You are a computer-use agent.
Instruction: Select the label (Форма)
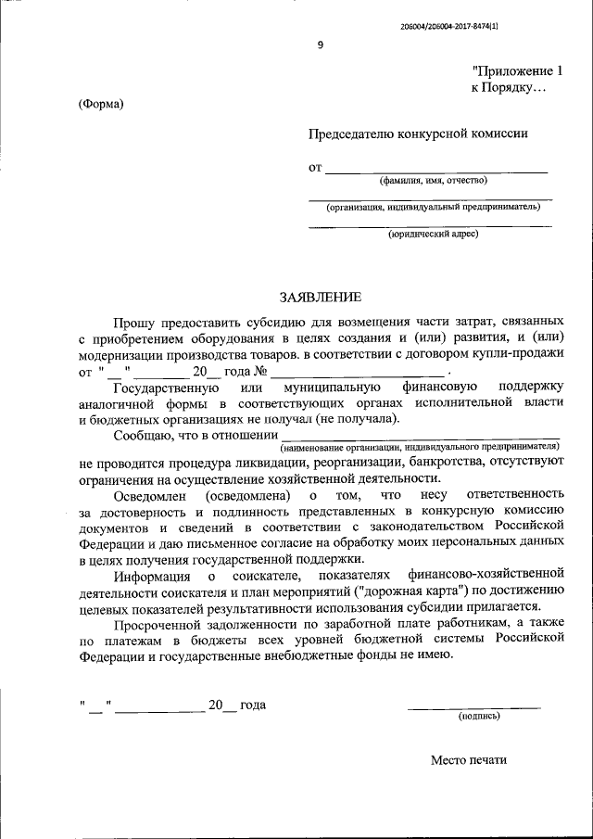101,104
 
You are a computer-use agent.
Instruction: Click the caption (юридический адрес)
433,234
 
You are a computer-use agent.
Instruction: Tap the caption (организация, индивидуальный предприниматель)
433,207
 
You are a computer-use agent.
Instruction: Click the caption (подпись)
479,716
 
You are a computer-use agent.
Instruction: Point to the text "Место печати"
469,760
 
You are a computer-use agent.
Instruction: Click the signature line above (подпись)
474,707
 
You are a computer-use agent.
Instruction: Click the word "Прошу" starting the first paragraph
134,321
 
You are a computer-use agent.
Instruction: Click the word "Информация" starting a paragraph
149,578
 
